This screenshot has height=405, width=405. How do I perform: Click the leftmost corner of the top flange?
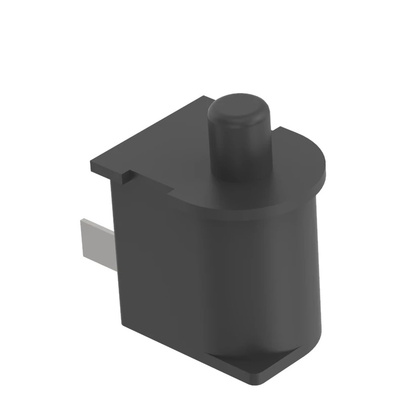click(x=92, y=166)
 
